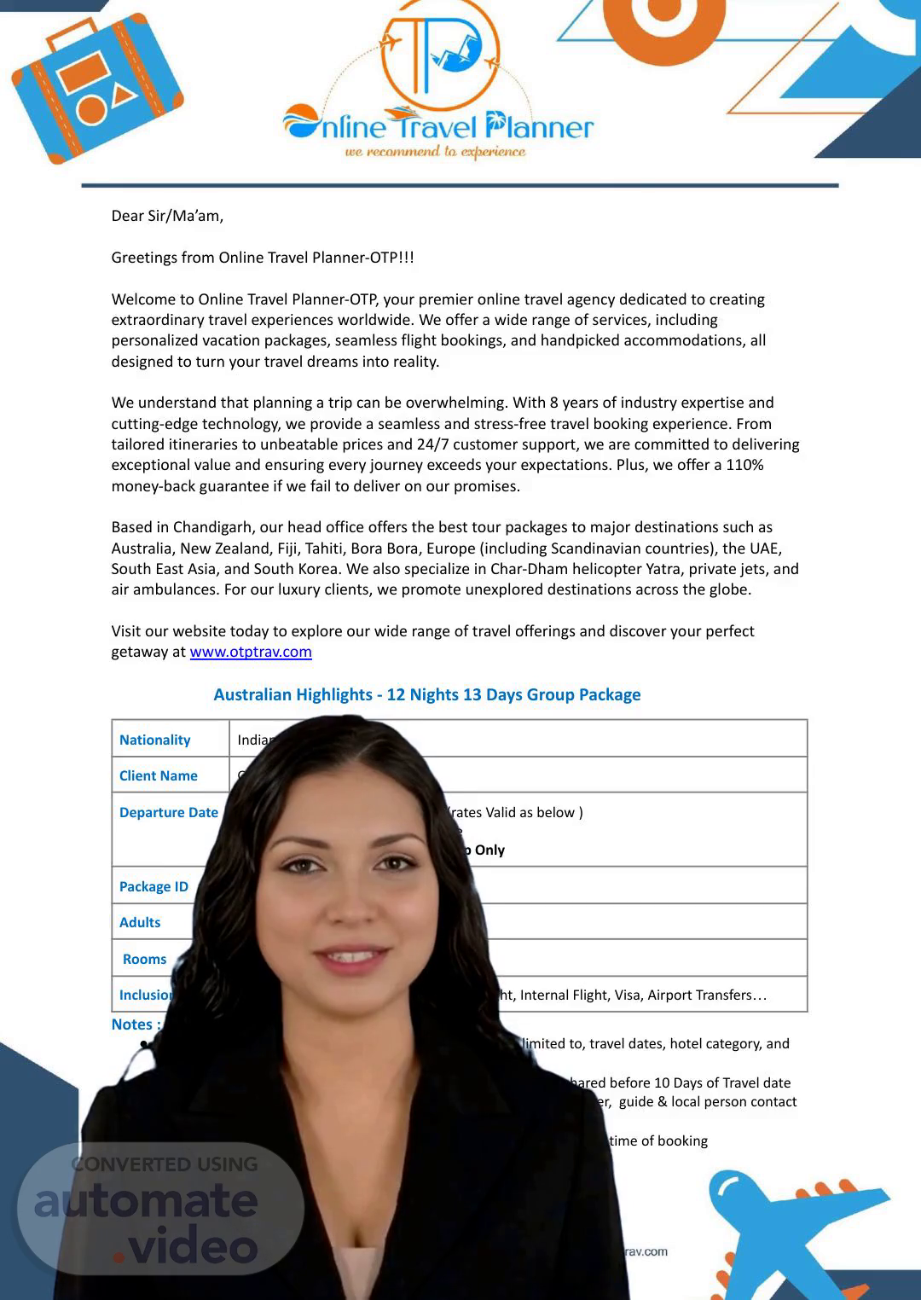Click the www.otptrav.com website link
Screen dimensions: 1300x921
251,652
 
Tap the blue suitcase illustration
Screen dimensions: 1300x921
96,89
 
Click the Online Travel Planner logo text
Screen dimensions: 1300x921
438,127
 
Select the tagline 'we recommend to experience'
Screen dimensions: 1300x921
435,152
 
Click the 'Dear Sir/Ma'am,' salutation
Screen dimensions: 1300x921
167,216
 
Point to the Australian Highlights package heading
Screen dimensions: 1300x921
426,694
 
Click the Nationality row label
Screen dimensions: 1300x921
154,740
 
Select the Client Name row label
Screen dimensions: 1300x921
158,775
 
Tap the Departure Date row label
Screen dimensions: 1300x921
168,812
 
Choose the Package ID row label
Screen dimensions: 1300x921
153,886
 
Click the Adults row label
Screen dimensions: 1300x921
140,922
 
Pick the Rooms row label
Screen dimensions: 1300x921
144,959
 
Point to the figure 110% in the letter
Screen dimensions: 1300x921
744,465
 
